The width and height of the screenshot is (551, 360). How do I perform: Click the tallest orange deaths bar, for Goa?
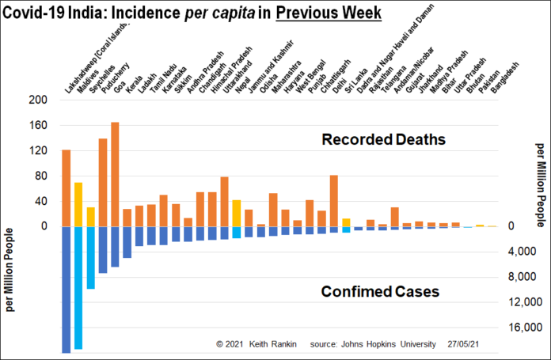click(115, 174)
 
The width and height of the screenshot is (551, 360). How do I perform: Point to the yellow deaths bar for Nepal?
click(236, 213)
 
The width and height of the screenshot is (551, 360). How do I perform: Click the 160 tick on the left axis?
click(37, 125)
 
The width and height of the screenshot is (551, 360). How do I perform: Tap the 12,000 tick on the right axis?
click(526, 302)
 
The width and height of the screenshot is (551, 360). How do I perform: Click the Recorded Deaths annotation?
click(383, 140)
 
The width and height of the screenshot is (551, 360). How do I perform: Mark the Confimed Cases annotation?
click(380, 291)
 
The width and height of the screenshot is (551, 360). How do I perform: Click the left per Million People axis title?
click(10, 269)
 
